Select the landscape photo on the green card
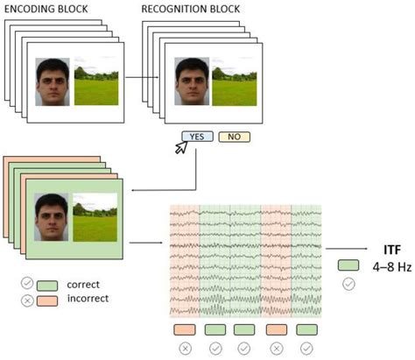click(94, 217)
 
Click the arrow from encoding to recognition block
click(144, 77)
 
